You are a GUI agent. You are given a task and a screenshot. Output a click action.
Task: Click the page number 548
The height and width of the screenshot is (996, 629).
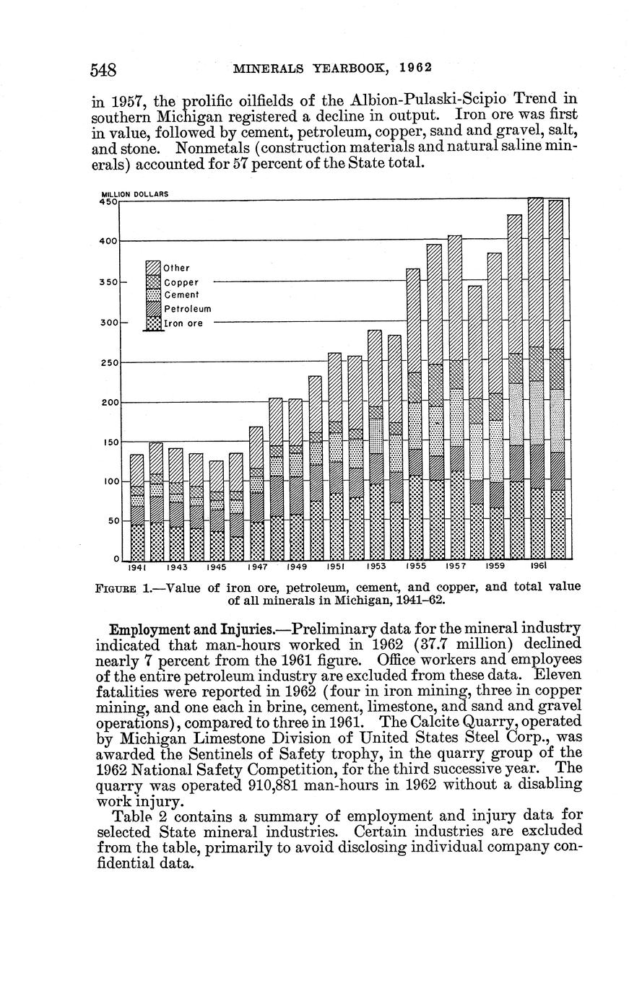[x=103, y=69]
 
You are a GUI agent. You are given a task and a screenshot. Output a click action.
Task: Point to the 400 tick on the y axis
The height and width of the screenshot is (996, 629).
[x=108, y=241]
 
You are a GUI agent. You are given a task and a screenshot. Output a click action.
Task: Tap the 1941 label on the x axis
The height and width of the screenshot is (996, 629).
[x=137, y=567]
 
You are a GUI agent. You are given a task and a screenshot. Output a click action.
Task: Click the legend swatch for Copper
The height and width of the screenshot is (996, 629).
[x=153, y=281]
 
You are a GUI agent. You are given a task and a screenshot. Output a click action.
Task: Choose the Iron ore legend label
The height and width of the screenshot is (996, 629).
[x=183, y=324]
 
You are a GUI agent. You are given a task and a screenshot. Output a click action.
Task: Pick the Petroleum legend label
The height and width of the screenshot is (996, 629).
[x=188, y=309]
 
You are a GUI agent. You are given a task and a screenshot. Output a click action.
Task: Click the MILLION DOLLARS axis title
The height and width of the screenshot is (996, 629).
[x=135, y=193]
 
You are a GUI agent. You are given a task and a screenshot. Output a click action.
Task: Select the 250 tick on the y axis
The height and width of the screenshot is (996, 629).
[x=108, y=363]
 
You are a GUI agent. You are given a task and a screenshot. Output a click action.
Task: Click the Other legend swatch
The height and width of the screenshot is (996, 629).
[x=153, y=267]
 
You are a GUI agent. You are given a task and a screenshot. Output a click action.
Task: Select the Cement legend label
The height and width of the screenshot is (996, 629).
[x=181, y=295]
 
